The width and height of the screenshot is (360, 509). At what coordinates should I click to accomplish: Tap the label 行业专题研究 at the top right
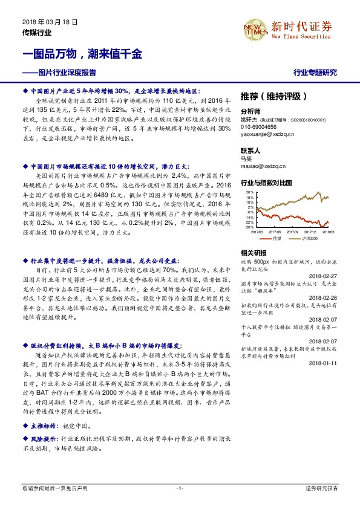(x=315, y=73)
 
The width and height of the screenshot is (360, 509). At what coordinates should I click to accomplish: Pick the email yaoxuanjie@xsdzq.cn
(x=267, y=135)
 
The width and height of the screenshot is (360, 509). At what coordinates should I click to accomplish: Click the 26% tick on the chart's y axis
(x=250, y=192)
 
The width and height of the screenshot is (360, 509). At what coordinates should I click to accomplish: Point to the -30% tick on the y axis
(x=250, y=227)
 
